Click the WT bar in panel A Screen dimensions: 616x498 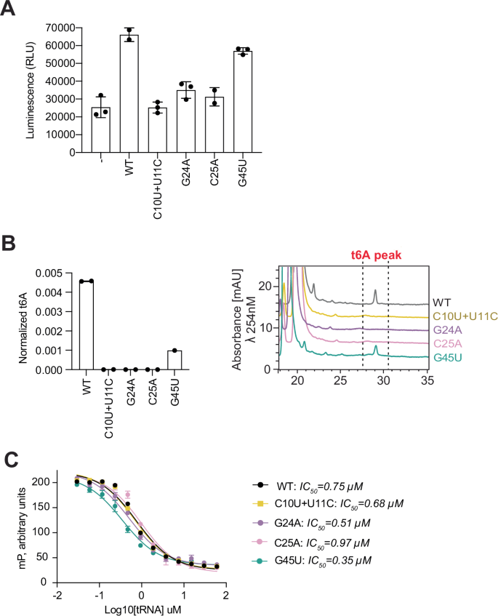coord(129,95)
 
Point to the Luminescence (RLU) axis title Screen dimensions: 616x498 coord(27,89)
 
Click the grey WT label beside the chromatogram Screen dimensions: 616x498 coord(442,300)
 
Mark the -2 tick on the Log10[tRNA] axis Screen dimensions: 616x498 coord(56,596)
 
